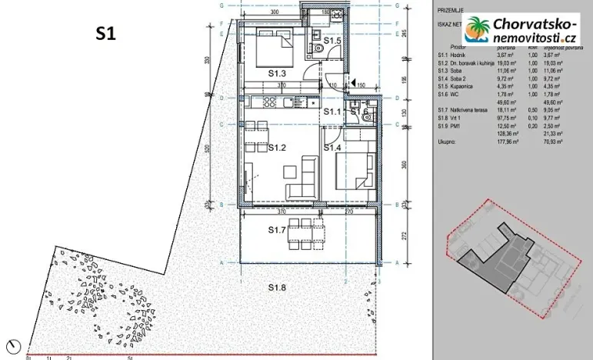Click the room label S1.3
[x=278, y=73]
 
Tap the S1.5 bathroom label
[x=331, y=40]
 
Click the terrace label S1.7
[x=278, y=229]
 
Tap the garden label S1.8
[x=278, y=287]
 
